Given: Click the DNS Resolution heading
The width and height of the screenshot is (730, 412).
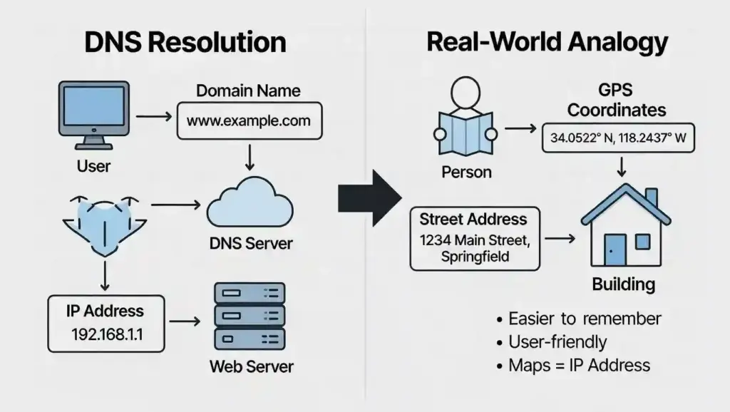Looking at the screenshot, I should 185,42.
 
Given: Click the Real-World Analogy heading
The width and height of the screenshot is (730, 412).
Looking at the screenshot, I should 547,42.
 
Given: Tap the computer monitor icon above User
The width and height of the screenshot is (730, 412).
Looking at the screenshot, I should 93,115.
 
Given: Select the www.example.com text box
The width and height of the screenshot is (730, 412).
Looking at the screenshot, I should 249,120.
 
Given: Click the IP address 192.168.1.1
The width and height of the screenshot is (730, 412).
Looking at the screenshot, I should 108,334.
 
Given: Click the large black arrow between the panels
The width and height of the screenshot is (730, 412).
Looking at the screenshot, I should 369,197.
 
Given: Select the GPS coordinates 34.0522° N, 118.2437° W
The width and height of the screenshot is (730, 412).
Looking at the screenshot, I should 618,138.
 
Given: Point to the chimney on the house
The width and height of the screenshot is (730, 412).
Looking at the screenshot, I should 651,196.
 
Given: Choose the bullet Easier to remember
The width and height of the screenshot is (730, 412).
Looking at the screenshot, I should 585,319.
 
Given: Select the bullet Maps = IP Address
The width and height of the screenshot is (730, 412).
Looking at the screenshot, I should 579,366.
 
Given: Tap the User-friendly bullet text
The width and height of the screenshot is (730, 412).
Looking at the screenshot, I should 557,342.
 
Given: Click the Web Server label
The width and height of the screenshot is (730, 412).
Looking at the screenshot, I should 251,367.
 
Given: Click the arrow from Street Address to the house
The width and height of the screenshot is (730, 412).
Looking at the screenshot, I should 560,240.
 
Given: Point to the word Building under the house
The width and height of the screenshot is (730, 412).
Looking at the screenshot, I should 623,284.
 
